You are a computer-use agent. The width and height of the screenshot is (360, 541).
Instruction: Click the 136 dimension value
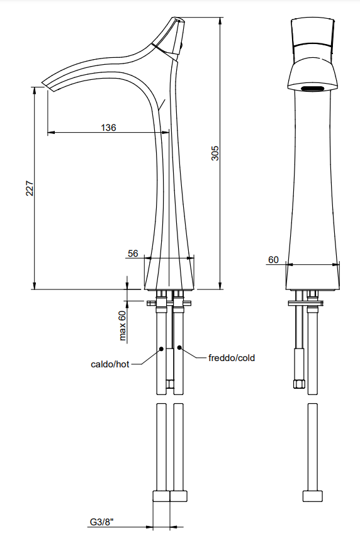108,127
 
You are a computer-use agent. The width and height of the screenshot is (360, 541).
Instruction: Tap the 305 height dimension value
215,153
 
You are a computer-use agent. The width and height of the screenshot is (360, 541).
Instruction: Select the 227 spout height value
30,188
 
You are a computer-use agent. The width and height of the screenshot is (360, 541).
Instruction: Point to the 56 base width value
133,254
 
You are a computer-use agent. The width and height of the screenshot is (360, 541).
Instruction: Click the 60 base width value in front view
273,259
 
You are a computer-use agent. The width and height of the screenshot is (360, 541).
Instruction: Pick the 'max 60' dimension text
122,326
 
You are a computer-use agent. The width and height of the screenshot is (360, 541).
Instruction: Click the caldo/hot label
110,364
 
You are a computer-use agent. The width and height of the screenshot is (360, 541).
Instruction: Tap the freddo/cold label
232,358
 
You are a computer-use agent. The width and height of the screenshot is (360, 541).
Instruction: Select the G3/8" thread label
102,522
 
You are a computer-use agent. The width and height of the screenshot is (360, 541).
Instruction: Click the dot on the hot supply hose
161,349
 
